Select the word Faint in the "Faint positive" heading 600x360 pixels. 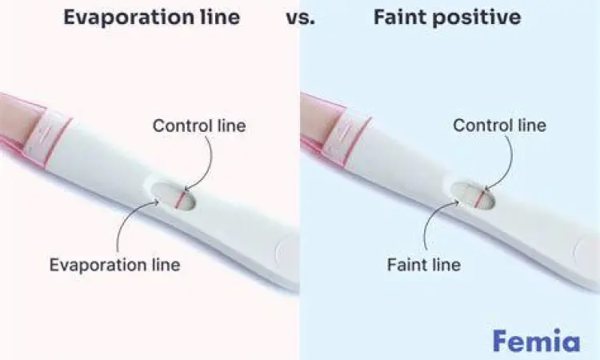tap(401, 17)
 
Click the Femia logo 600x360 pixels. tap(535, 340)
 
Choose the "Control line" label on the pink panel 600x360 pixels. tap(199, 126)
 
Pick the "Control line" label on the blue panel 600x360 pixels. tap(499, 126)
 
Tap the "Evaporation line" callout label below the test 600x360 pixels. tap(114, 265)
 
